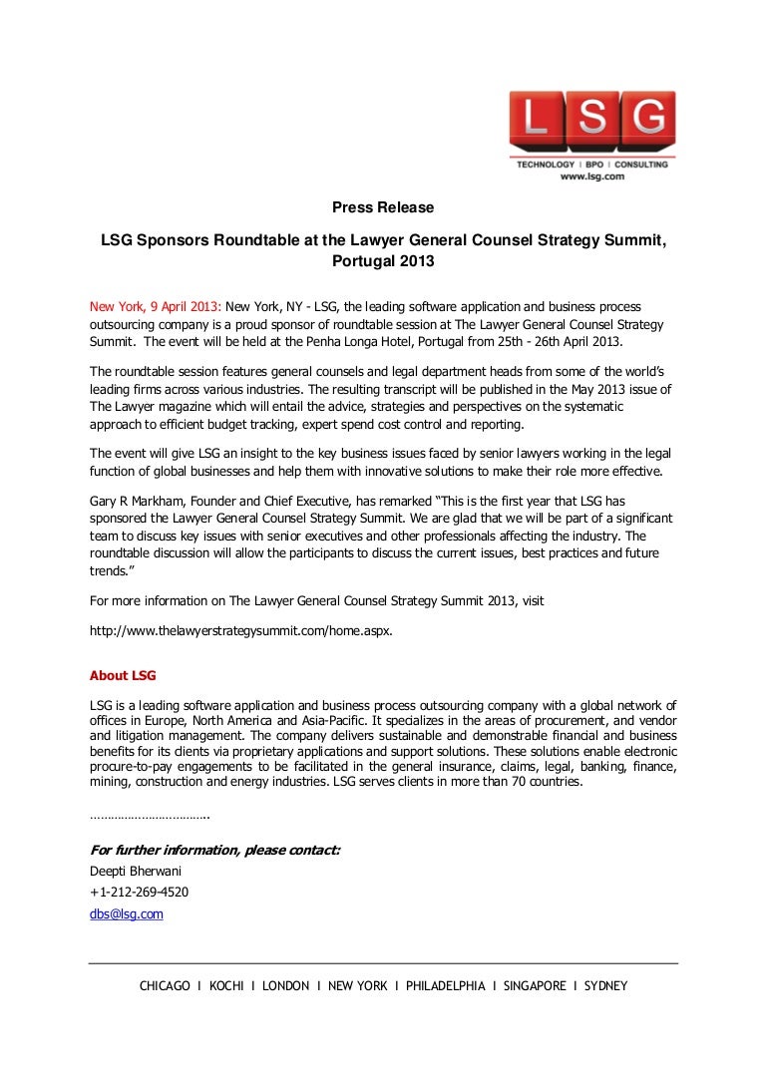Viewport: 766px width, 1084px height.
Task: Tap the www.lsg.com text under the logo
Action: pos(591,176)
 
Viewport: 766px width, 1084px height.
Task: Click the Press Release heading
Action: pos(383,207)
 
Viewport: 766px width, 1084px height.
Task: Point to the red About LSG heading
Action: pos(123,675)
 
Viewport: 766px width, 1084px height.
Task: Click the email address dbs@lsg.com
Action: pos(127,913)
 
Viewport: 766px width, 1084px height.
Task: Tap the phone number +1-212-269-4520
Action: pos(140,892)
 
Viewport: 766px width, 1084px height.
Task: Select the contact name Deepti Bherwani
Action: pos(136,871)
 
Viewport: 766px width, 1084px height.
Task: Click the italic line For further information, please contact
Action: pos(215,850)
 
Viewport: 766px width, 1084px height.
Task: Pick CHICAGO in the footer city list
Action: pos(165,986)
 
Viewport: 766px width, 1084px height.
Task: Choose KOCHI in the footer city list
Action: pos(226,986)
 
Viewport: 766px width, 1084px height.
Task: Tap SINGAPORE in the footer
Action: pos(532,986)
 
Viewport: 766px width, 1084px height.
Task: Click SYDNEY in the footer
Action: pos(605,986)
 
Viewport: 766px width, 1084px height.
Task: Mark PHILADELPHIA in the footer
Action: pos(446,986)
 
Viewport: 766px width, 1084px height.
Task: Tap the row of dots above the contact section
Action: pos(150,817)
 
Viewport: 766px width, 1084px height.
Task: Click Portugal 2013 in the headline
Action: pos(383,262)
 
